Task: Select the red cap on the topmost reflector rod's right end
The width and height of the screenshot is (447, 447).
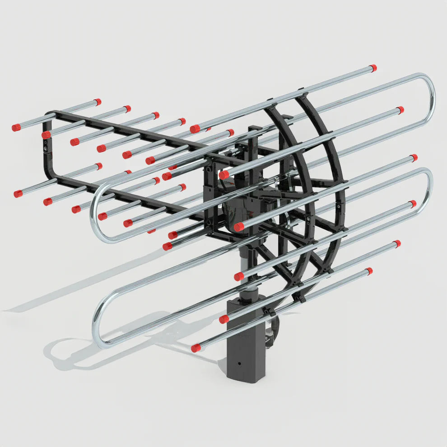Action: (x=372, y=68)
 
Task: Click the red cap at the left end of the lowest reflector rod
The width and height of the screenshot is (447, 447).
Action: (x=195, y=348)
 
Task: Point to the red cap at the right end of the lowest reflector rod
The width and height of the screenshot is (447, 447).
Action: (x=369, y=271)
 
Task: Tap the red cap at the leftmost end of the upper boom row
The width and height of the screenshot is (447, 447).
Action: (x=16, y=128)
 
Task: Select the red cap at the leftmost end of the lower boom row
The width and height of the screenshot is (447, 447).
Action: (x=18, y=194)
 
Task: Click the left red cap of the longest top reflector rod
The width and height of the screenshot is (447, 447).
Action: (x=195, y=129)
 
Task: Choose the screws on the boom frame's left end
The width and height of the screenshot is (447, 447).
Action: (x=45, y=145)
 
